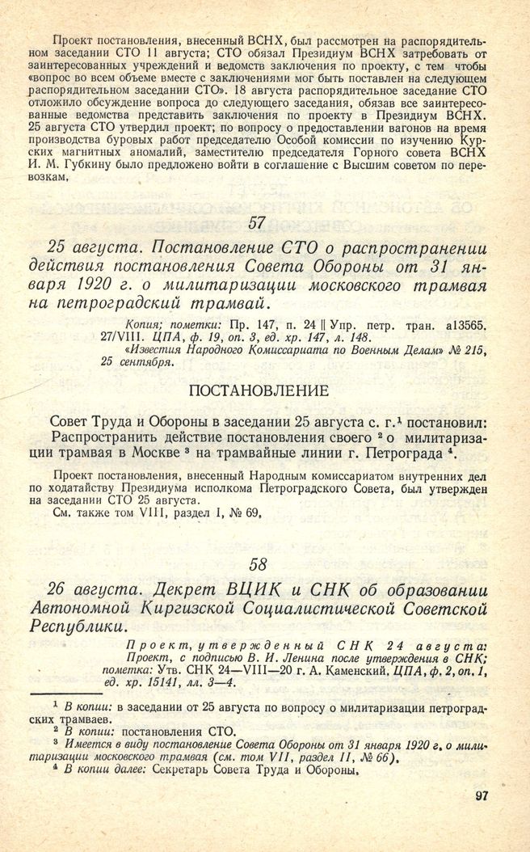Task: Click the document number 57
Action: (x=257, y=224)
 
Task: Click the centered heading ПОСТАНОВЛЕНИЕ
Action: (x=257, y=390)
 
